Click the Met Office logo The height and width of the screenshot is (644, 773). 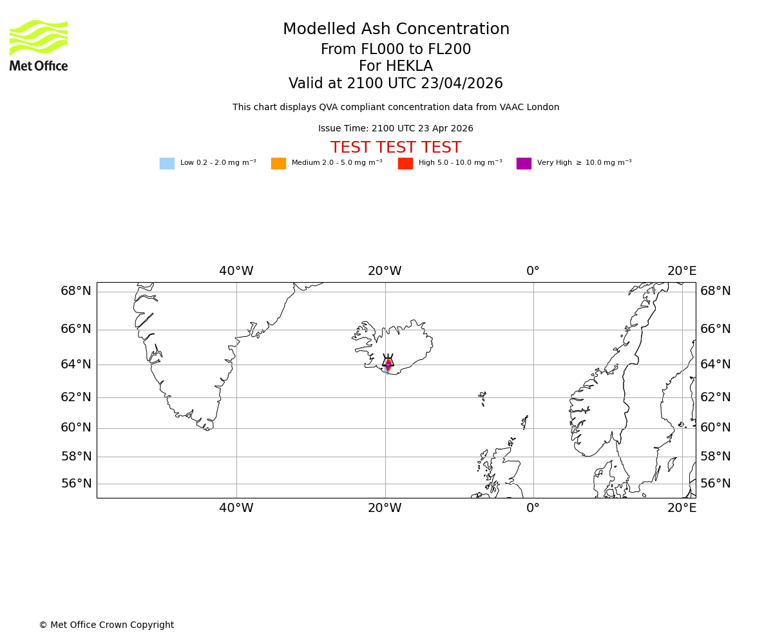(x=39, y=45)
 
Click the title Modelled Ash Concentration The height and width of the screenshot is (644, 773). (x=396, y=30)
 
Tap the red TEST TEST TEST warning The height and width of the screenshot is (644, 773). (x=396, y=147)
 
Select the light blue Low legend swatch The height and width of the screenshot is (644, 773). (x=167, y=164)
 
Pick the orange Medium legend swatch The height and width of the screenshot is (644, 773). (x=278, y=164)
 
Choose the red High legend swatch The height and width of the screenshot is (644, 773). (x=405, y=164)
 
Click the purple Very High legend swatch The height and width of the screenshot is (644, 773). (x=524, y=164)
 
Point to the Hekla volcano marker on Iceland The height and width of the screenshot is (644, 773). (x=388, y=363)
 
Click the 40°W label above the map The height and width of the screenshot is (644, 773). (x=236, y=271)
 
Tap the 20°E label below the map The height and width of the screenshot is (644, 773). (x=682, y=508)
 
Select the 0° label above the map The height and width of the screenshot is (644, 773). (x=533, y=271)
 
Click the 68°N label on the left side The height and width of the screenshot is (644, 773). (x=76, y=291)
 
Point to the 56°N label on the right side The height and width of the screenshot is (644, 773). (x=716, y=484)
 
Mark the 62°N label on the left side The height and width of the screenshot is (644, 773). (x=76, y=397)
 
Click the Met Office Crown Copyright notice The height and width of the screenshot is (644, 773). (x=106, y=625)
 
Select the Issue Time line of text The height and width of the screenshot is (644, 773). (x=396, y=129)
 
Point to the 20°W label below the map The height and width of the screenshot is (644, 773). (x=385, y=508)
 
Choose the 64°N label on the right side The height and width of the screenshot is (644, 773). (x=716, y=365)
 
